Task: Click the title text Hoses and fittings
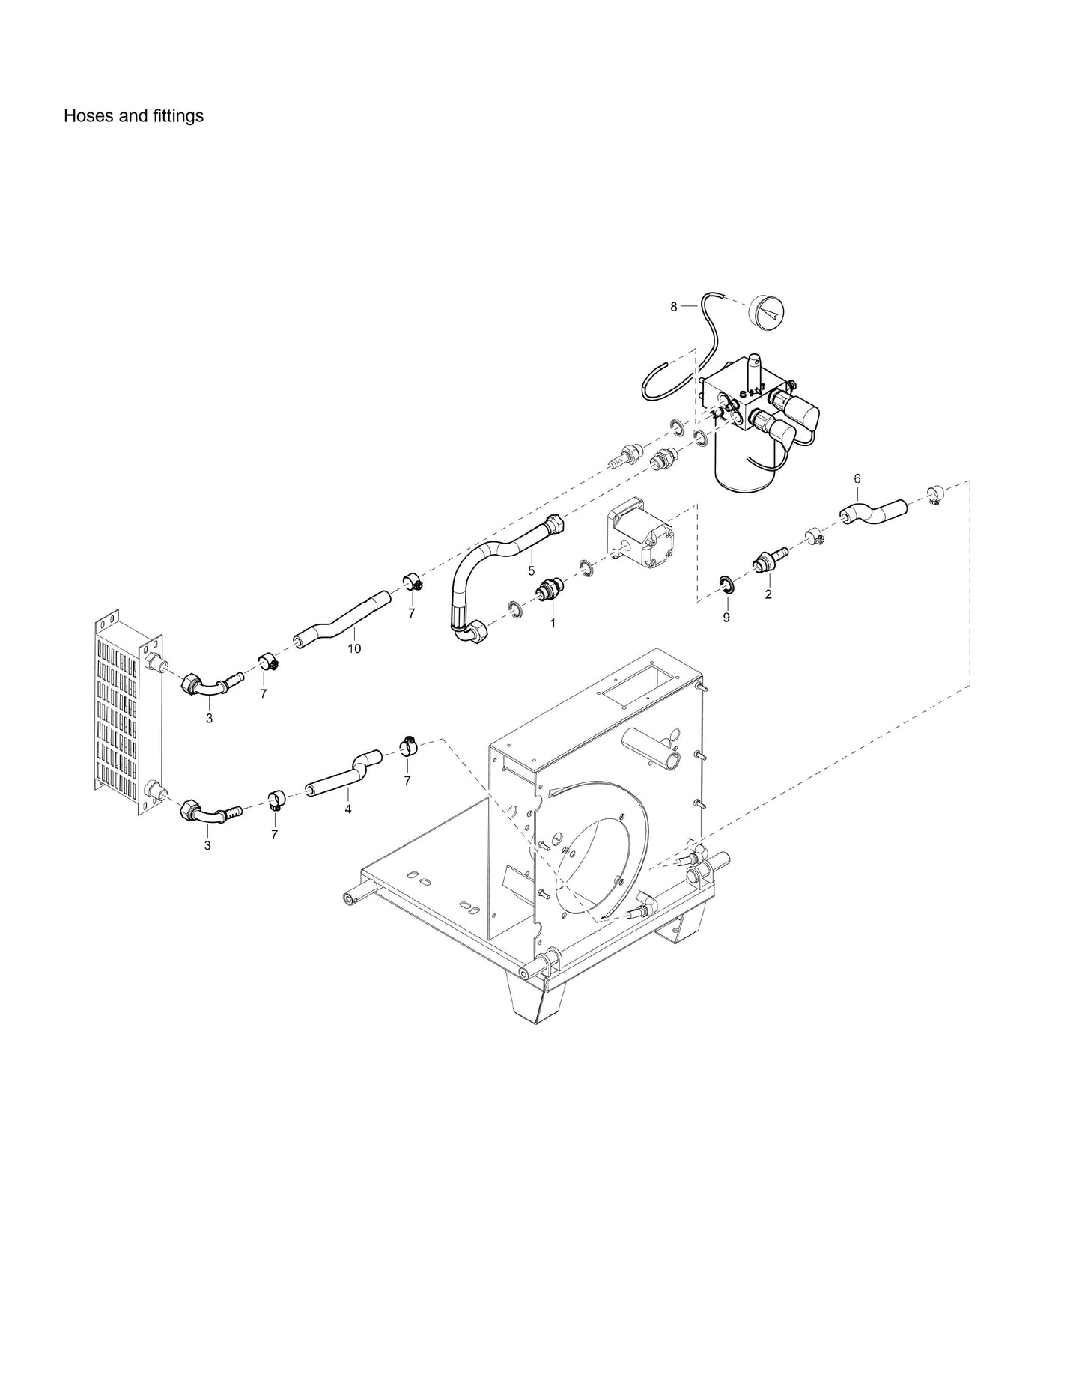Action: tap(133, 116)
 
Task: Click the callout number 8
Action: tap(673, 306)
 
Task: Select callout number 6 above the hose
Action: tap(857, 478)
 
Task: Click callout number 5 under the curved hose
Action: tap(531, 571)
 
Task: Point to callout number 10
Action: tap(354, 648)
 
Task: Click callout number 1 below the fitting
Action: tap(553, 622)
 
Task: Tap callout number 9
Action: tap(726, 618)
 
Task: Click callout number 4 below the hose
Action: tap(348, 809)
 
